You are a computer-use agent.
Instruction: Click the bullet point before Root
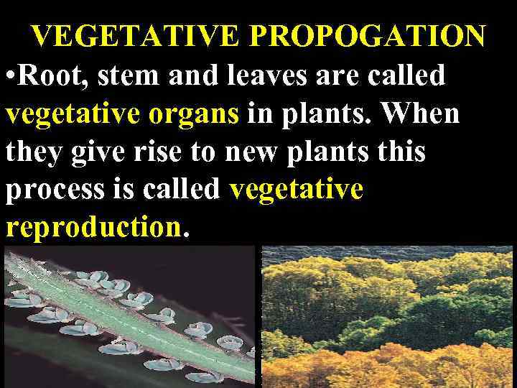pos(9,75)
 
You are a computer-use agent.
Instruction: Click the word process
pos(55,190)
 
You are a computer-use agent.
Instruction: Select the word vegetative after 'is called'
pos(296,190)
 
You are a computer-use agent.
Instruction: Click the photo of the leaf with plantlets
pos(129,316)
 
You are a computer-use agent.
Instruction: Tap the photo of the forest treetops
pos(388,316)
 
